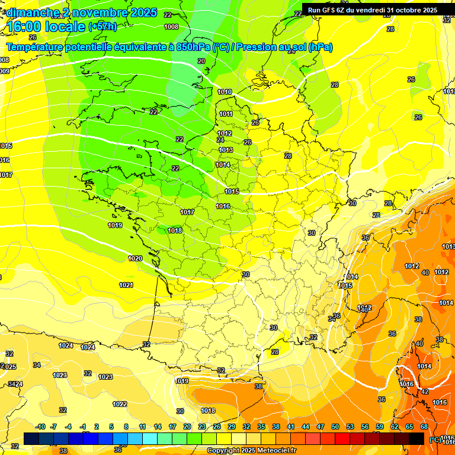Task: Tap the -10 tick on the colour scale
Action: click(40, 427)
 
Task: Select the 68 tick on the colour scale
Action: click(424, 427)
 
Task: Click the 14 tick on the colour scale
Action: click(158, 427)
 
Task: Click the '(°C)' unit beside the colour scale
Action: click(435, 439)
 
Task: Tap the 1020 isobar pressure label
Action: click(135, 258)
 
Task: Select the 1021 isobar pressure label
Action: click(126, 285)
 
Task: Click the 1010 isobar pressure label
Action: click(225, 92)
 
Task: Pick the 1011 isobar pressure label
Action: click(226, 114)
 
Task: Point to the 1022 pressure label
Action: click(120, 404)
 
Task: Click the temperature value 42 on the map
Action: click(424, 392)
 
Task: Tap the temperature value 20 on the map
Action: click(201, 61)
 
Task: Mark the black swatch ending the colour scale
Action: click(416, 439)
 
